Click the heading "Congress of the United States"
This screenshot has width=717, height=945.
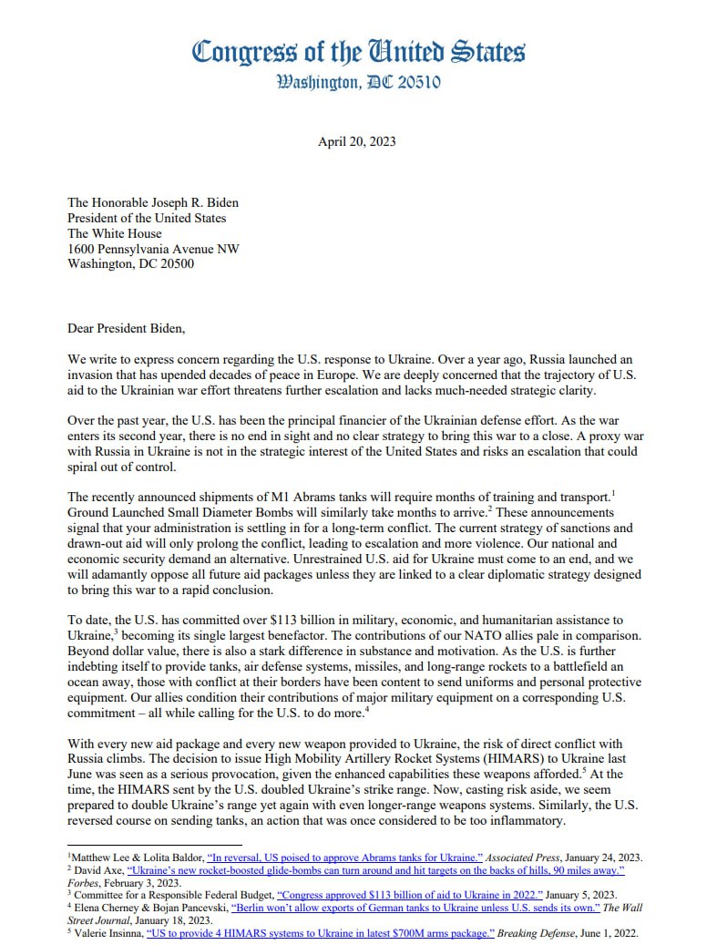coord(358,50)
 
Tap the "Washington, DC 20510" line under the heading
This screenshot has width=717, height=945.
coord(358,82)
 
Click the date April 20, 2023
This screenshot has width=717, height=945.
coord(357,142)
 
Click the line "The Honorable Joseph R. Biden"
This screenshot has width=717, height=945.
coord(153,202)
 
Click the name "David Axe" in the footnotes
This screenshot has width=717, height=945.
coord(99,870)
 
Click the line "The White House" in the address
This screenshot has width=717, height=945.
coord(115,233)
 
